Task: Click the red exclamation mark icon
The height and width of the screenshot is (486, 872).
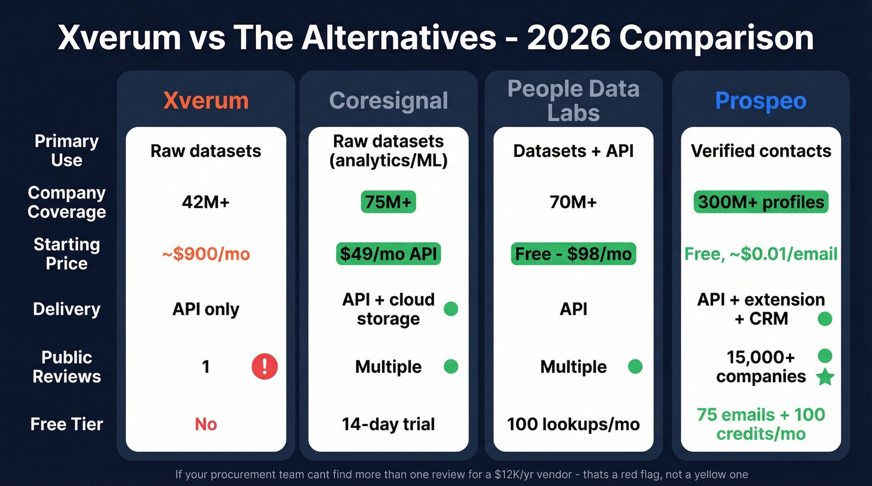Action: point(264,367)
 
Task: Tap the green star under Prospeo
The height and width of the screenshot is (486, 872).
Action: point(825,376)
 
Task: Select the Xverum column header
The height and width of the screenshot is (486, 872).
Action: point(206,101)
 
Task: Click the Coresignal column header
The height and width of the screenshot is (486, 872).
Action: point(388,101)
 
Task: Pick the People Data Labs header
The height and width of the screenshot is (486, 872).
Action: point(573,101)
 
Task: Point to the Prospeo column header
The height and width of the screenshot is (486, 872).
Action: point(761,101)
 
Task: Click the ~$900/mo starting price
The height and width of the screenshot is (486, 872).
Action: point(206,254)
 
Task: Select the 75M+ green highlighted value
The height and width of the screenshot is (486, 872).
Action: point(388,202)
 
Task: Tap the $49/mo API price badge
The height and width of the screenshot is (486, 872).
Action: point(388,254)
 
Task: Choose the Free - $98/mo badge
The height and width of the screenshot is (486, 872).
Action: point(573,254)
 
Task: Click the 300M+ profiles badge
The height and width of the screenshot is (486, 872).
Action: point(761,202)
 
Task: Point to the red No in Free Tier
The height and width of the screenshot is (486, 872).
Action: point(206,424)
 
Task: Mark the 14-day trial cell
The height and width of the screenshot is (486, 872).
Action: point(388,424)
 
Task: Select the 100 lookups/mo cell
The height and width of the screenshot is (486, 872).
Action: point(573,424)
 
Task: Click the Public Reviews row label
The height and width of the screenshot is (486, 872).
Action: point(67,367)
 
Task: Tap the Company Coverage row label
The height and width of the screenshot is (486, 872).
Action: point(67,202)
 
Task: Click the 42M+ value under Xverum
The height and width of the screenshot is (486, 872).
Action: point(206,202)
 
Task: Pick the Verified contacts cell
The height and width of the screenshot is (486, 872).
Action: point(761,151)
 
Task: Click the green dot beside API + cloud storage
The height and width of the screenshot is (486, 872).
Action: point(450,309)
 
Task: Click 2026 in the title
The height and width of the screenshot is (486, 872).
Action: point(567,38)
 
